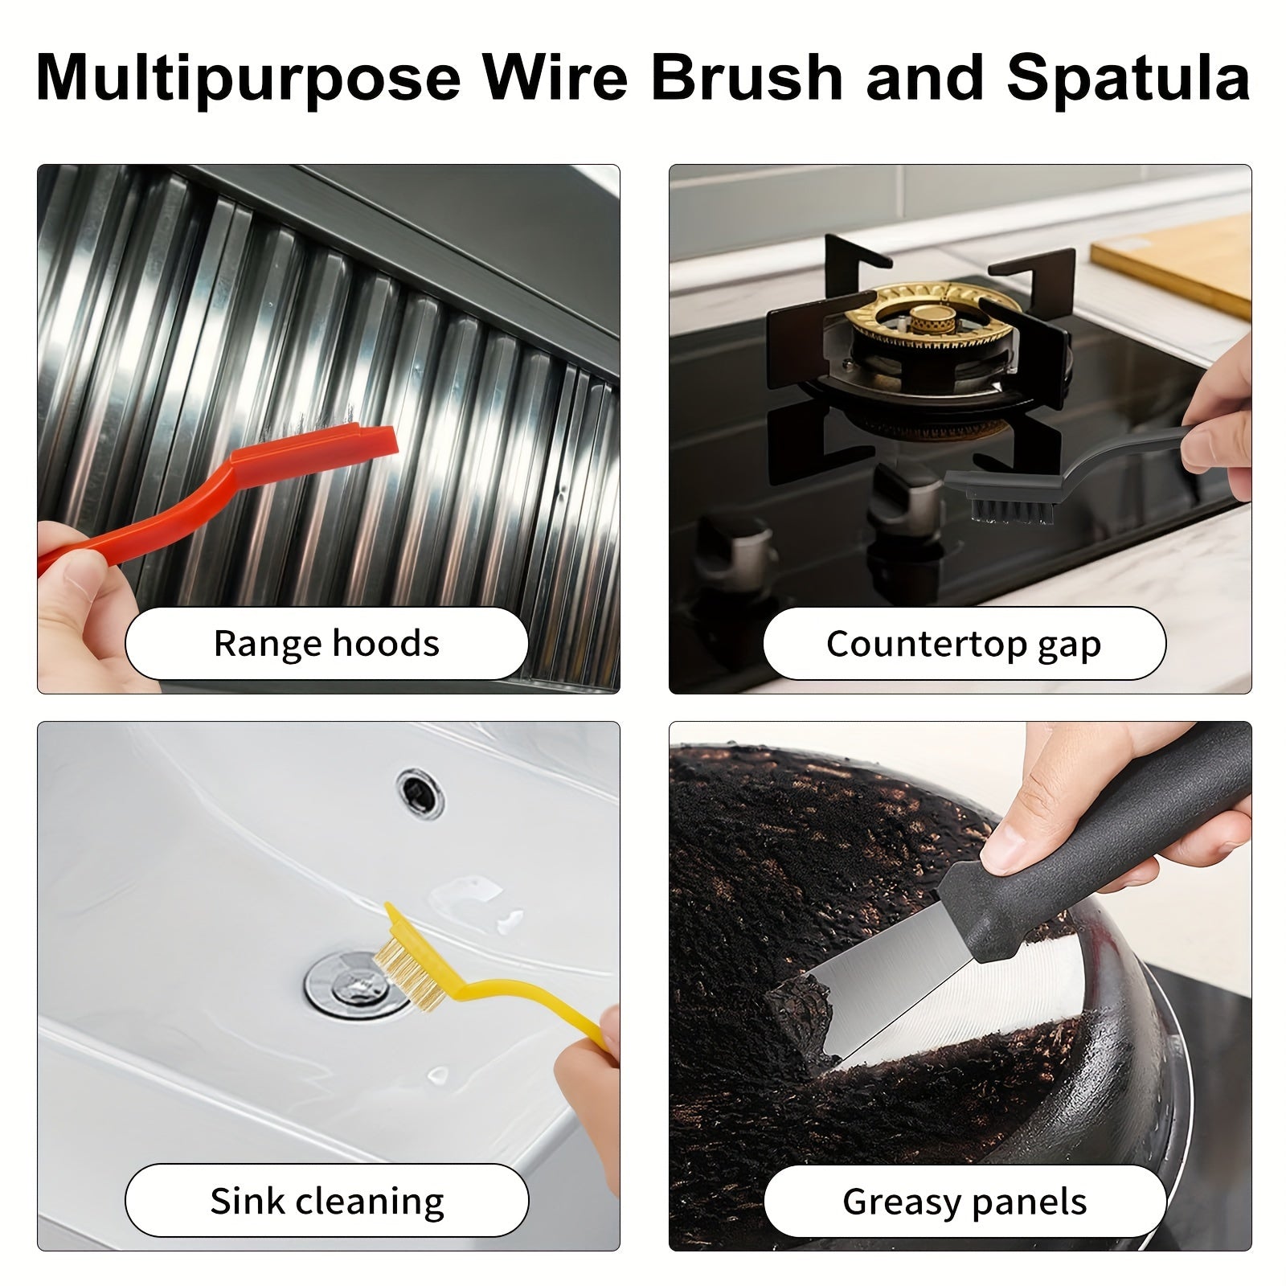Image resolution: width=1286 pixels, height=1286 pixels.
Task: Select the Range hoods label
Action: point(326,644)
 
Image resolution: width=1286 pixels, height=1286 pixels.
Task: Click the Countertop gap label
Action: point(963,644)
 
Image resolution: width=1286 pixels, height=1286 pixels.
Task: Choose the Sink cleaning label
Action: point(326,1201)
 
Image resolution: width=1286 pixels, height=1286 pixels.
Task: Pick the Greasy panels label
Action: point(964,1202)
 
